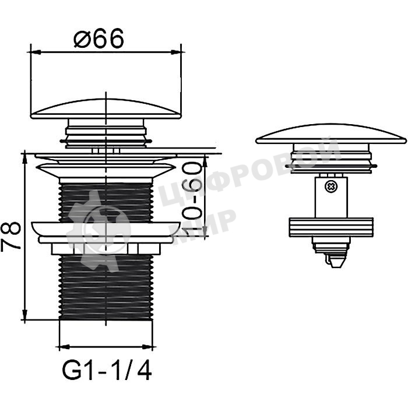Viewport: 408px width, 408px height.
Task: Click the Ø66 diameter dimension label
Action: [99, 38]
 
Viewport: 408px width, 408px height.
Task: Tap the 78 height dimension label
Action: [10, 235]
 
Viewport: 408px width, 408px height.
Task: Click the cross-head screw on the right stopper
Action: [330, 187]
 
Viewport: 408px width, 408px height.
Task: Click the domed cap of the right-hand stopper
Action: [331, 133]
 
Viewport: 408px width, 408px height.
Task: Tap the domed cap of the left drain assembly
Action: [106, 109]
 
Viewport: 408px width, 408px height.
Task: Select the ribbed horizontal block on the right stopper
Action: [331, 227]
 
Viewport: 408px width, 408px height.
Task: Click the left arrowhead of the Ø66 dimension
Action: [36, 52]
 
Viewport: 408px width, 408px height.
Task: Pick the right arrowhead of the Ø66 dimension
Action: [176, 52]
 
